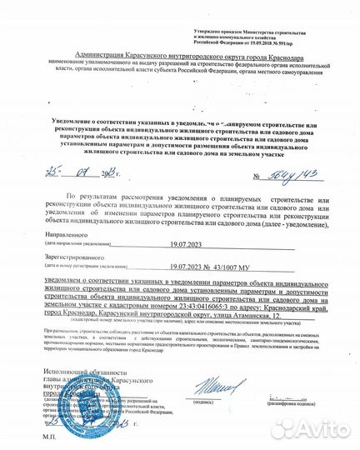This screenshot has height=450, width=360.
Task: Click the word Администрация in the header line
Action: point(103,52)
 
